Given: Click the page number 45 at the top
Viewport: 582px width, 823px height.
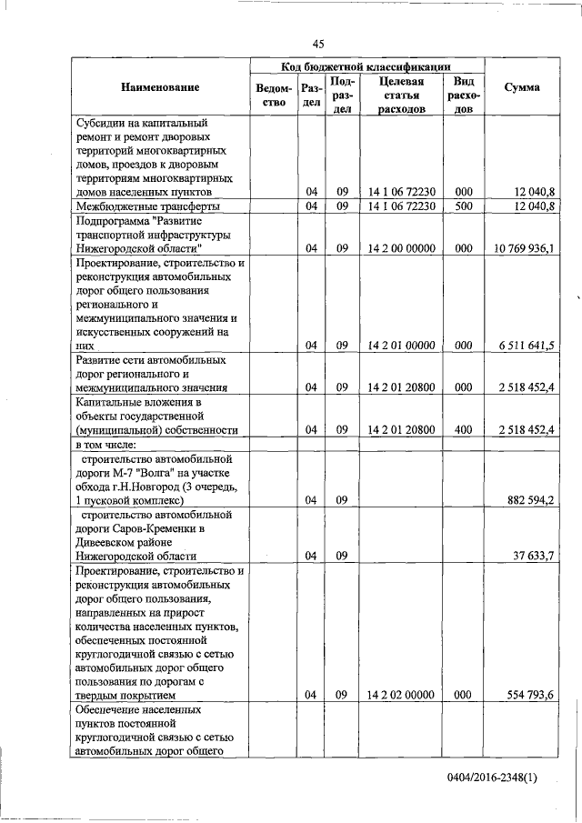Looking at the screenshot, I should point(318,43).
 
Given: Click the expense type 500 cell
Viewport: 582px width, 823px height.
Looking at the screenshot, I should point(463,206).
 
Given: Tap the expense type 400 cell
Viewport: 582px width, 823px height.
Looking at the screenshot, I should point(463,429).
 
